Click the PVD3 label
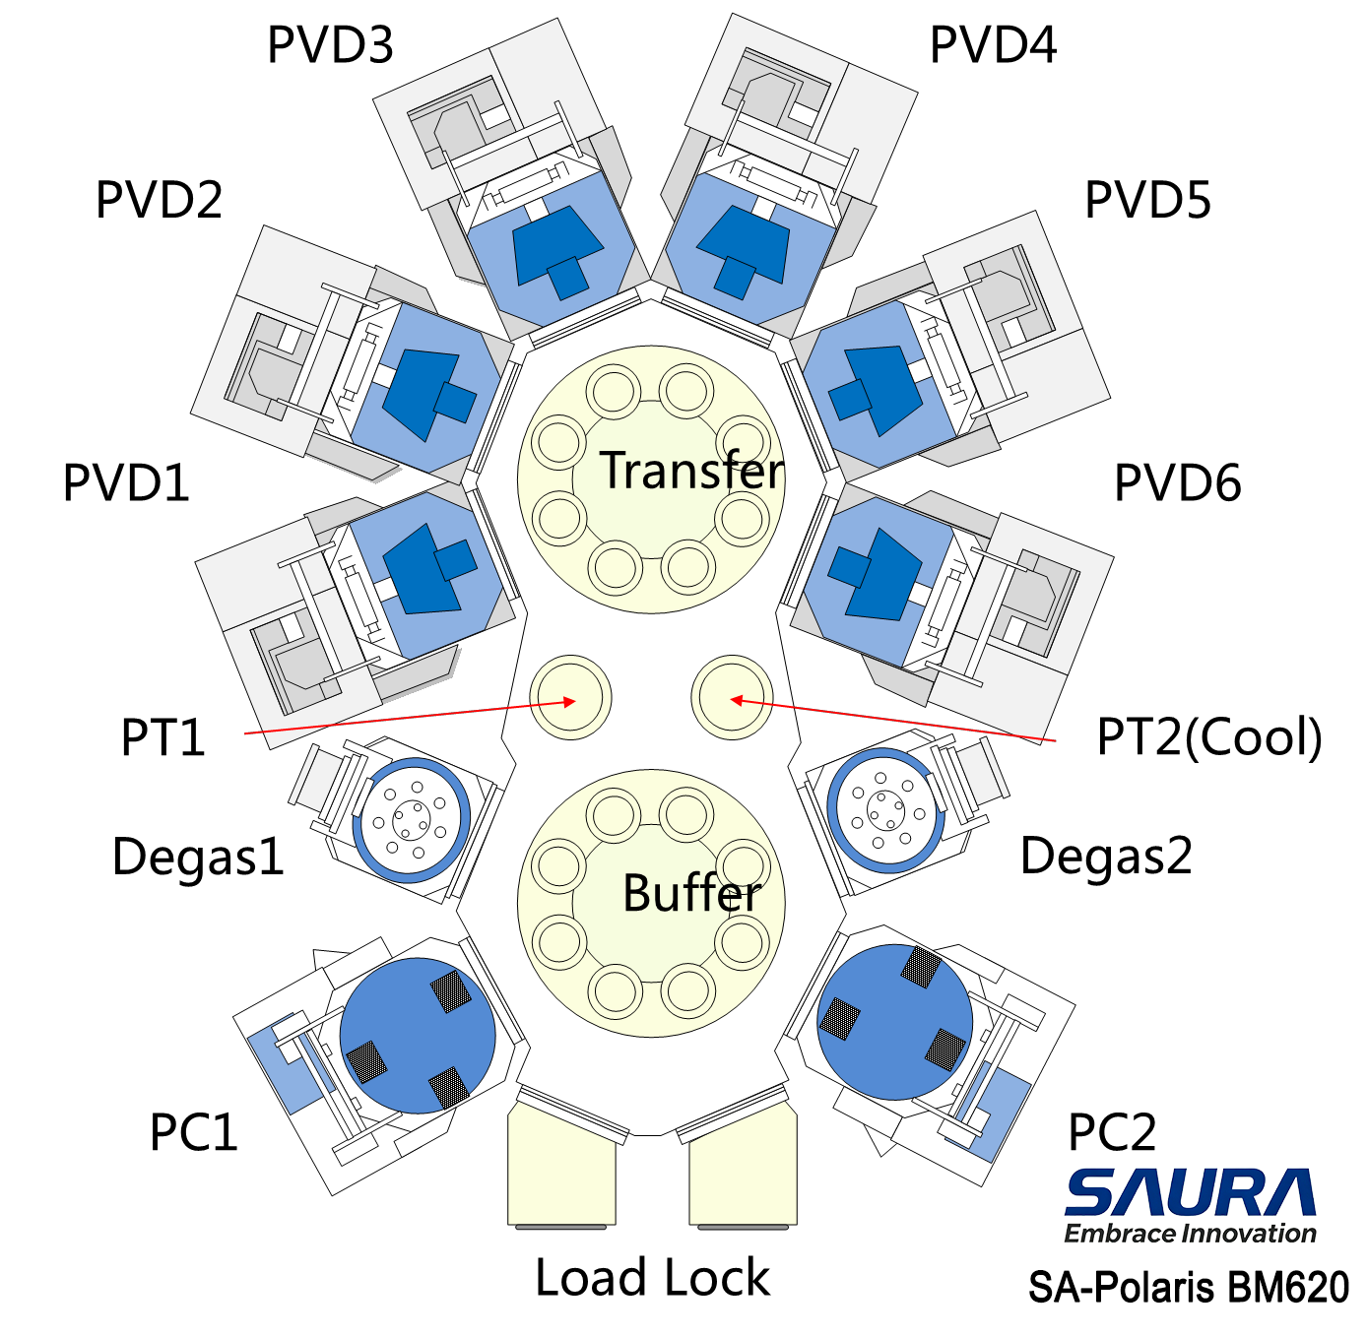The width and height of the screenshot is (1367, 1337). pos(330,45)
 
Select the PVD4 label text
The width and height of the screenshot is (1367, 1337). pos(993,45)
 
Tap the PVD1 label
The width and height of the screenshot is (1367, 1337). pos(126,482)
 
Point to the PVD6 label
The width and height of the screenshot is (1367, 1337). pos(1177,482)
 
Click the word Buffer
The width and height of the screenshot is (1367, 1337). pos(692,893)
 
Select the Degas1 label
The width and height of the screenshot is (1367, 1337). pos(198,857)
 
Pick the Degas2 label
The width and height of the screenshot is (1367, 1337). pos(1106,857)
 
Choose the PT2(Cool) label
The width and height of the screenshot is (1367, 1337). pos(1209,737)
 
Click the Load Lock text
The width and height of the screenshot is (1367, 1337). pos(652,1277)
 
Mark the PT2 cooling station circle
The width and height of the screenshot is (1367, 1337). pos(732,697)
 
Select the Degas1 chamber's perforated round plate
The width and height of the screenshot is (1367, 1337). pos(411,819)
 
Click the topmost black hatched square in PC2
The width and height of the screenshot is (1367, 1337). pos(920,966)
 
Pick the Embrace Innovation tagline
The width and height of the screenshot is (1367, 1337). pos(1190,1233)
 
